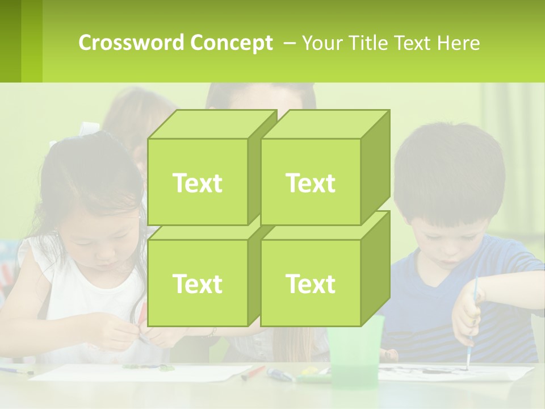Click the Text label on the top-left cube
(x=197, y=183)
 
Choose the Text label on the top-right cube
(x=311, y=183)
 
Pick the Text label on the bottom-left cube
(x=197, y=283)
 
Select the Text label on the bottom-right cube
(x=311, y=283)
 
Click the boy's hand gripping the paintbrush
(x=467, y=315)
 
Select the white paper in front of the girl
(x=142, y=373)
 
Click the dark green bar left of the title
(x=10, y=41)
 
